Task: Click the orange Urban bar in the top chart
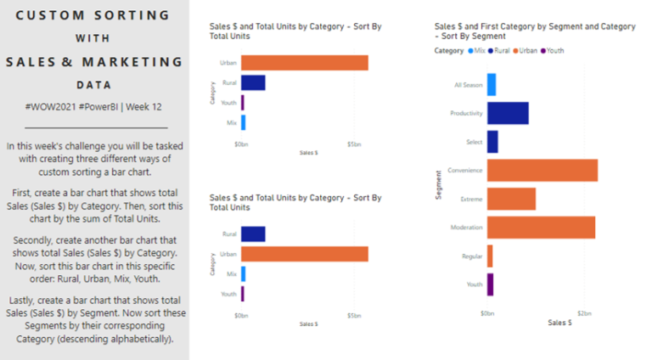click(x=304, y=63)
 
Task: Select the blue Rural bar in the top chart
click(x=253, y=82)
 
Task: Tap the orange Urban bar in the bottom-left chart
click(x=304, y=254)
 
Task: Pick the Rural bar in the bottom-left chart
click(x=253, y=234)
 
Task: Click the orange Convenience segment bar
click(x=542, y=170)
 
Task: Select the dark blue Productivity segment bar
click(x=508, y=113)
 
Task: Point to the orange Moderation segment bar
click(x=541, y=228)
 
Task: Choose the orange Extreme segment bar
click(x=511, y=199)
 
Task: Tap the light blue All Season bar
click(x=492, y=85)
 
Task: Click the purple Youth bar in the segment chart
click(x=490, y=284)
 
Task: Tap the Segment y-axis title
click(x=438, y=184)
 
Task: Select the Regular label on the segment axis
click(x=472, y=256)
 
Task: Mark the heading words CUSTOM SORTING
click(x=93, y=16)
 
